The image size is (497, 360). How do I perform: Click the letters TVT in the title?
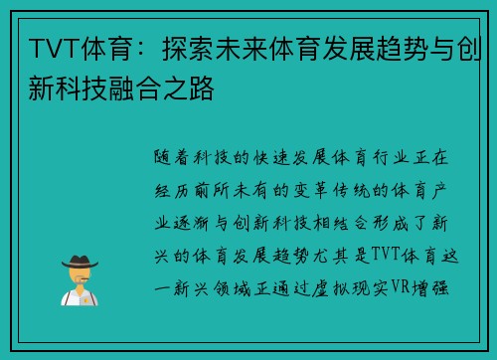(x=47, y=47)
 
